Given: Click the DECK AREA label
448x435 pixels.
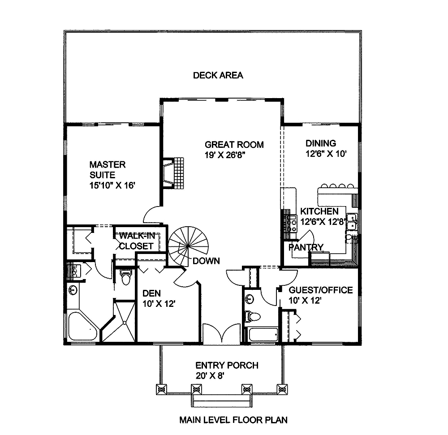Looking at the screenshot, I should [218, 75].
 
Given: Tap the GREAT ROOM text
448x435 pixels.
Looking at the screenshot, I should [234, 145].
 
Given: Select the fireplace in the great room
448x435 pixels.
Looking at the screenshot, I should [174, 173].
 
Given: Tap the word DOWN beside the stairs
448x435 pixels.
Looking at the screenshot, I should [206, 261].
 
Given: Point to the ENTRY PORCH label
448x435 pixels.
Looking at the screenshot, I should [227, 366].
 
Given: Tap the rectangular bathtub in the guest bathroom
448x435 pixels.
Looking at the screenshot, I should [262, 334].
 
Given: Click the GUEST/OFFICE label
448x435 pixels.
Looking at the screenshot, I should [321, 290].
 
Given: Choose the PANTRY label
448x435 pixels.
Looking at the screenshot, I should [306, 247].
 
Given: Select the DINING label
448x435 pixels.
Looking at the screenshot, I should [321, 143].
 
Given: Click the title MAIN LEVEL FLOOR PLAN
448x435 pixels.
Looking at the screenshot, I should [233, 420].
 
